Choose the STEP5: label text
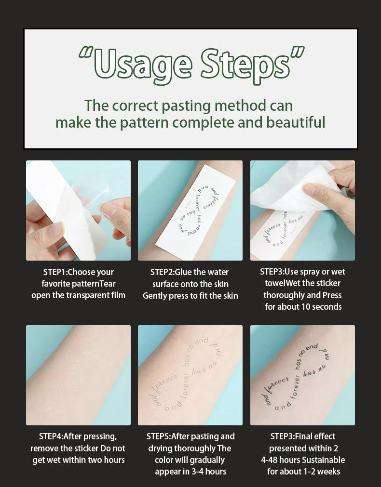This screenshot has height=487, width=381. pyautogui.click(x=162, y=436)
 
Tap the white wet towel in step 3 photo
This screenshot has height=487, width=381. pyautogui.click(x=294, y=188)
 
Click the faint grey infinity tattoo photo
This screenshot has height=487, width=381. pyautogui.click(x=190, y=375)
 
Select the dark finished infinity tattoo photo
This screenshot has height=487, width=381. pyautogui.click(x=302, y=375)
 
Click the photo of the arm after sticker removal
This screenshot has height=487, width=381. pyautogui.click(x=78, y=375)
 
